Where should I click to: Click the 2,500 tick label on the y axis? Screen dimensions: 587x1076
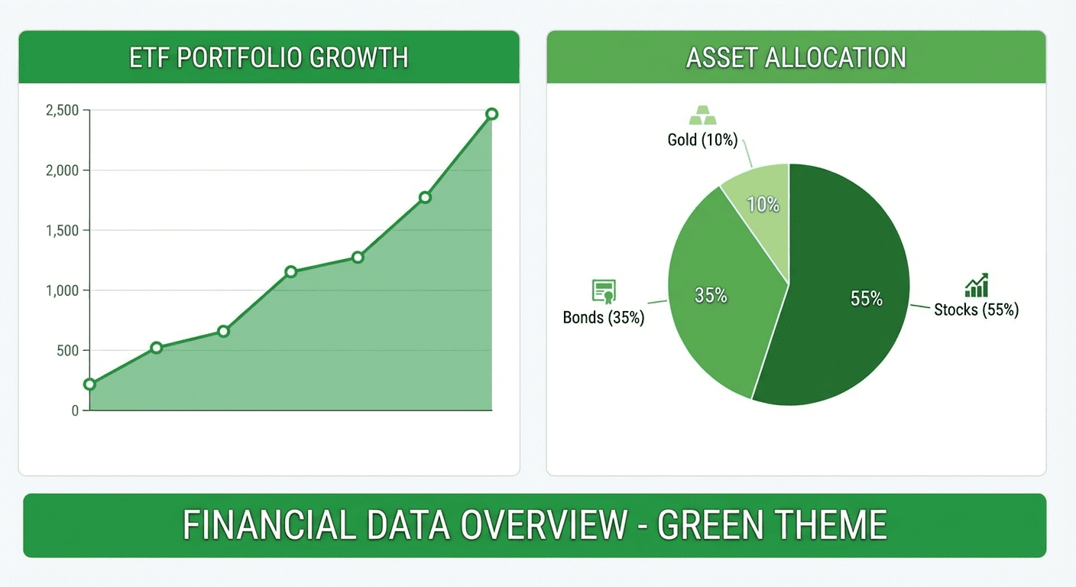pyautogui.click(x=63, y=111)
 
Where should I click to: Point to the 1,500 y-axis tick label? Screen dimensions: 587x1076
pyautogui.click(x=63, y=231)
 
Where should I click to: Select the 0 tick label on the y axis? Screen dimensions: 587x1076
pyautogui.click(x=75, y=411)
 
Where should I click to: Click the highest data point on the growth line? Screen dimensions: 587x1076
pyautogui.click(x=491, y=114)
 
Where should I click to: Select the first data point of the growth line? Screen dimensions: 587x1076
pyautogui.click(x=89, y=384)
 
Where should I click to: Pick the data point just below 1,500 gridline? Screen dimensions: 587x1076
pyautogui.click(x=358, y=258)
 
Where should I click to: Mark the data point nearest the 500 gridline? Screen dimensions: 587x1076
pyautogui.click(x=157, y=348)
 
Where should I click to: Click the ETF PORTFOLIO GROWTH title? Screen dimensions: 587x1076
pyautogui.click(x=268, y=58)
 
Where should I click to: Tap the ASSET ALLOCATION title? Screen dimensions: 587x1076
pyautogui.click(x=796, y=58)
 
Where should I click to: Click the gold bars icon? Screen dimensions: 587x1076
pyautogui.click(x=703, y=115)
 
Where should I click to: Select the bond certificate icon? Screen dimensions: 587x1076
pyautogui.click(x=604, y=291)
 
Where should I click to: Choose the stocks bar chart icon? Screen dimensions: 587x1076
pyautogui.click(x=976, y=285)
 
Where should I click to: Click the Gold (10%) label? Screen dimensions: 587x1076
pyautogui.click(x=702, y=140)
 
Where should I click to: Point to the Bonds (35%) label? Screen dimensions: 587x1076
pyautogui.click(x=604, y=317)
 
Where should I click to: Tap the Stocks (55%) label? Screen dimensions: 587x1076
pyautogui.click(x=976, y=310)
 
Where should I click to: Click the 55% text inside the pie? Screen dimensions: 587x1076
pyautogui.click(x=867, y=299)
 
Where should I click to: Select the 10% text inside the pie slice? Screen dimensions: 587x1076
pyautogui.click(x=763, y=205)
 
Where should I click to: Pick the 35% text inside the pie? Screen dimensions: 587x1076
pyautogui.click(x=711, y=295)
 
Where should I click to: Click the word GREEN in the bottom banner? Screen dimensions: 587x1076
pyautogui.click(x=711, y=525)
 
